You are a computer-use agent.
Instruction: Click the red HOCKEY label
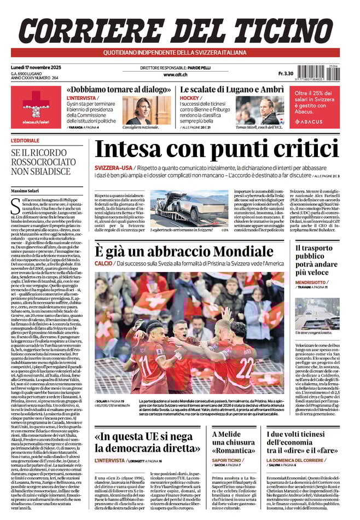(190, 99)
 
